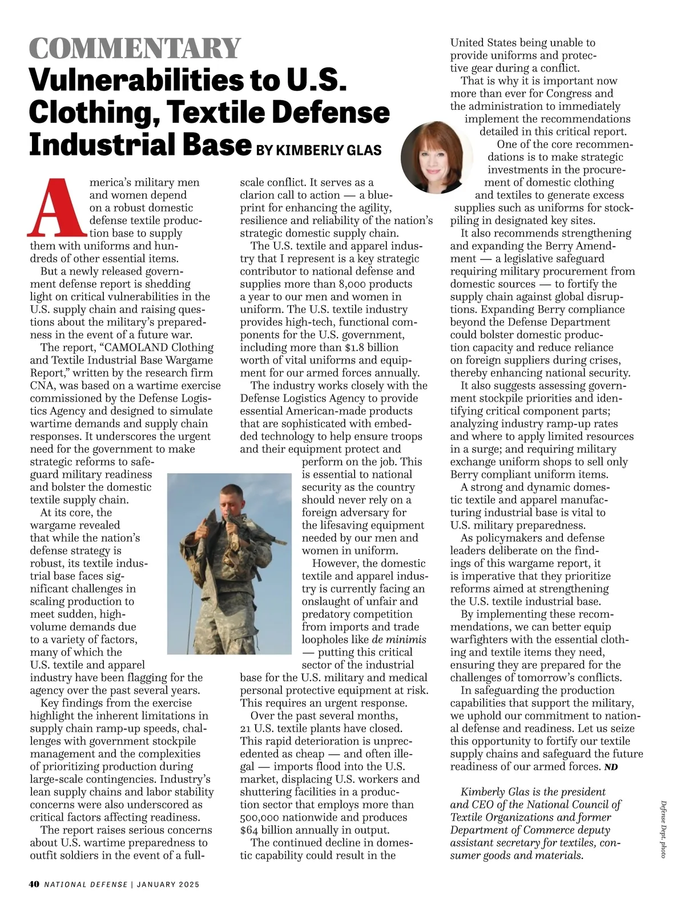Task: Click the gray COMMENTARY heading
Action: (135, 48)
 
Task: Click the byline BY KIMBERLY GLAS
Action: (319, 150)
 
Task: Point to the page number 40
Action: (34, 884)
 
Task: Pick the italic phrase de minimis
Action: (399, 639)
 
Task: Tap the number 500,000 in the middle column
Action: (265, 817)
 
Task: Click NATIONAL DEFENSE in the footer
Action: (86, 885)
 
